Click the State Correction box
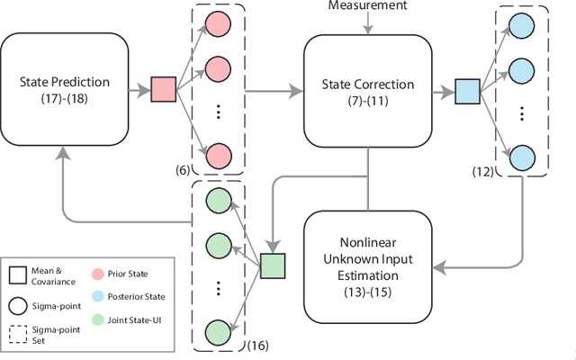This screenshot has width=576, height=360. point(367,89)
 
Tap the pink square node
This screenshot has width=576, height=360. point(163,89)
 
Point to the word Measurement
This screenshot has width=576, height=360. point(367,6)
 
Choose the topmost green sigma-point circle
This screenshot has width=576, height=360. point(217,201)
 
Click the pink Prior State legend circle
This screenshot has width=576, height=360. point(99,274)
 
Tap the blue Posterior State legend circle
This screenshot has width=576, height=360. point(99,296)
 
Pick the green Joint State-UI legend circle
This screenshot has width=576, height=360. point(99,318)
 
